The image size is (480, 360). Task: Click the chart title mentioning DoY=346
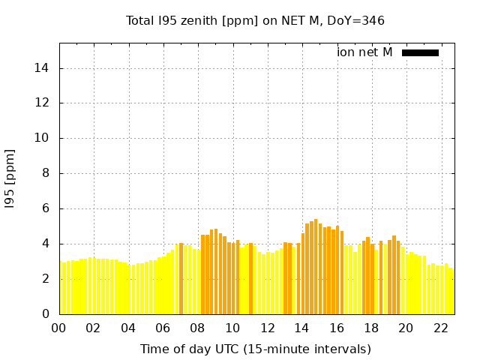pos(255,20)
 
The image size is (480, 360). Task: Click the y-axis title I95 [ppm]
pos(10,178)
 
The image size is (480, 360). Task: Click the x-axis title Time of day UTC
pos(255,349)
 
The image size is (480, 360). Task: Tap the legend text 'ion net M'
pos(364,52)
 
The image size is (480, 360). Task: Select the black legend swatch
pos(420,52)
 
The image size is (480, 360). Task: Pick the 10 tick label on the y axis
pos(45,138)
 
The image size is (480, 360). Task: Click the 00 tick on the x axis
pos(59,328)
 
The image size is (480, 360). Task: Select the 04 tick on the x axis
pos(128,328)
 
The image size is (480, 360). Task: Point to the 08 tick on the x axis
pos(198,328)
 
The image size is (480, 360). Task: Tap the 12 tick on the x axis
pos(267,328)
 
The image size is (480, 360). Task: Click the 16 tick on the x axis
pos(337,328)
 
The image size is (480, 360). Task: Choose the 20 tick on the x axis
pos(406,328)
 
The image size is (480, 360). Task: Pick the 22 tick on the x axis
pos(441,328)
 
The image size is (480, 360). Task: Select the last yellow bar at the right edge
pos(451,292)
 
